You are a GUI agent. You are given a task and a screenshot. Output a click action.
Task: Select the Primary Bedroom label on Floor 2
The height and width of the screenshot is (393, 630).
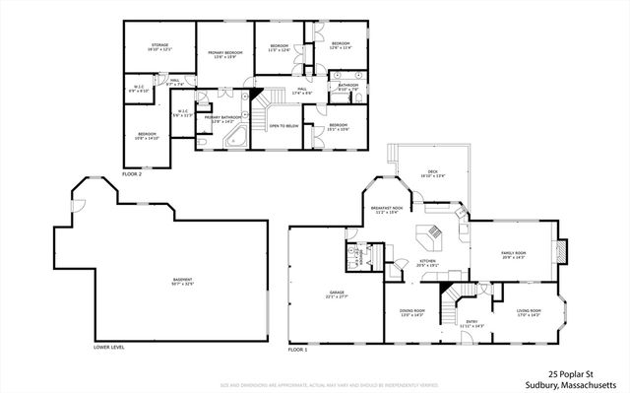pyautogui.click(x=225, y=53)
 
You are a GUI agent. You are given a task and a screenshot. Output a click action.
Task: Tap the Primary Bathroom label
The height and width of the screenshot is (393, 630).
pyautogui.click(x=220, y=119)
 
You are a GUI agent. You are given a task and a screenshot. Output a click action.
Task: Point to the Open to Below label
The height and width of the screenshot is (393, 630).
pyautogui.click(x=283, y=126)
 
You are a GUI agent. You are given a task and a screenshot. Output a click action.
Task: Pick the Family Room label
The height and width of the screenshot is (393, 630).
pyautogui.click(x=515, y=255)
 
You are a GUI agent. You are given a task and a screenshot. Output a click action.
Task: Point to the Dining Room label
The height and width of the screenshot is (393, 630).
pyautogui.click(x=411, y=313)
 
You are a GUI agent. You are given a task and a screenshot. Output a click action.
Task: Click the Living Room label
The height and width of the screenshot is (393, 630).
pyautogui.click(x=530, y=313)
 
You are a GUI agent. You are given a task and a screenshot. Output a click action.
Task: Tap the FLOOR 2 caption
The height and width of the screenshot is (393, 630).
pyautogui.click(x=132, y=173)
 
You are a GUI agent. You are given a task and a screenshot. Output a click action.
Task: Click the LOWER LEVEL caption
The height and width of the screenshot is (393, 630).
pyautogui.click(x=108, y=348)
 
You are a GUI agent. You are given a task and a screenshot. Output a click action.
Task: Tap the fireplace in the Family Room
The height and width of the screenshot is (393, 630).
pyautogui.click(x=562, y=253)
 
